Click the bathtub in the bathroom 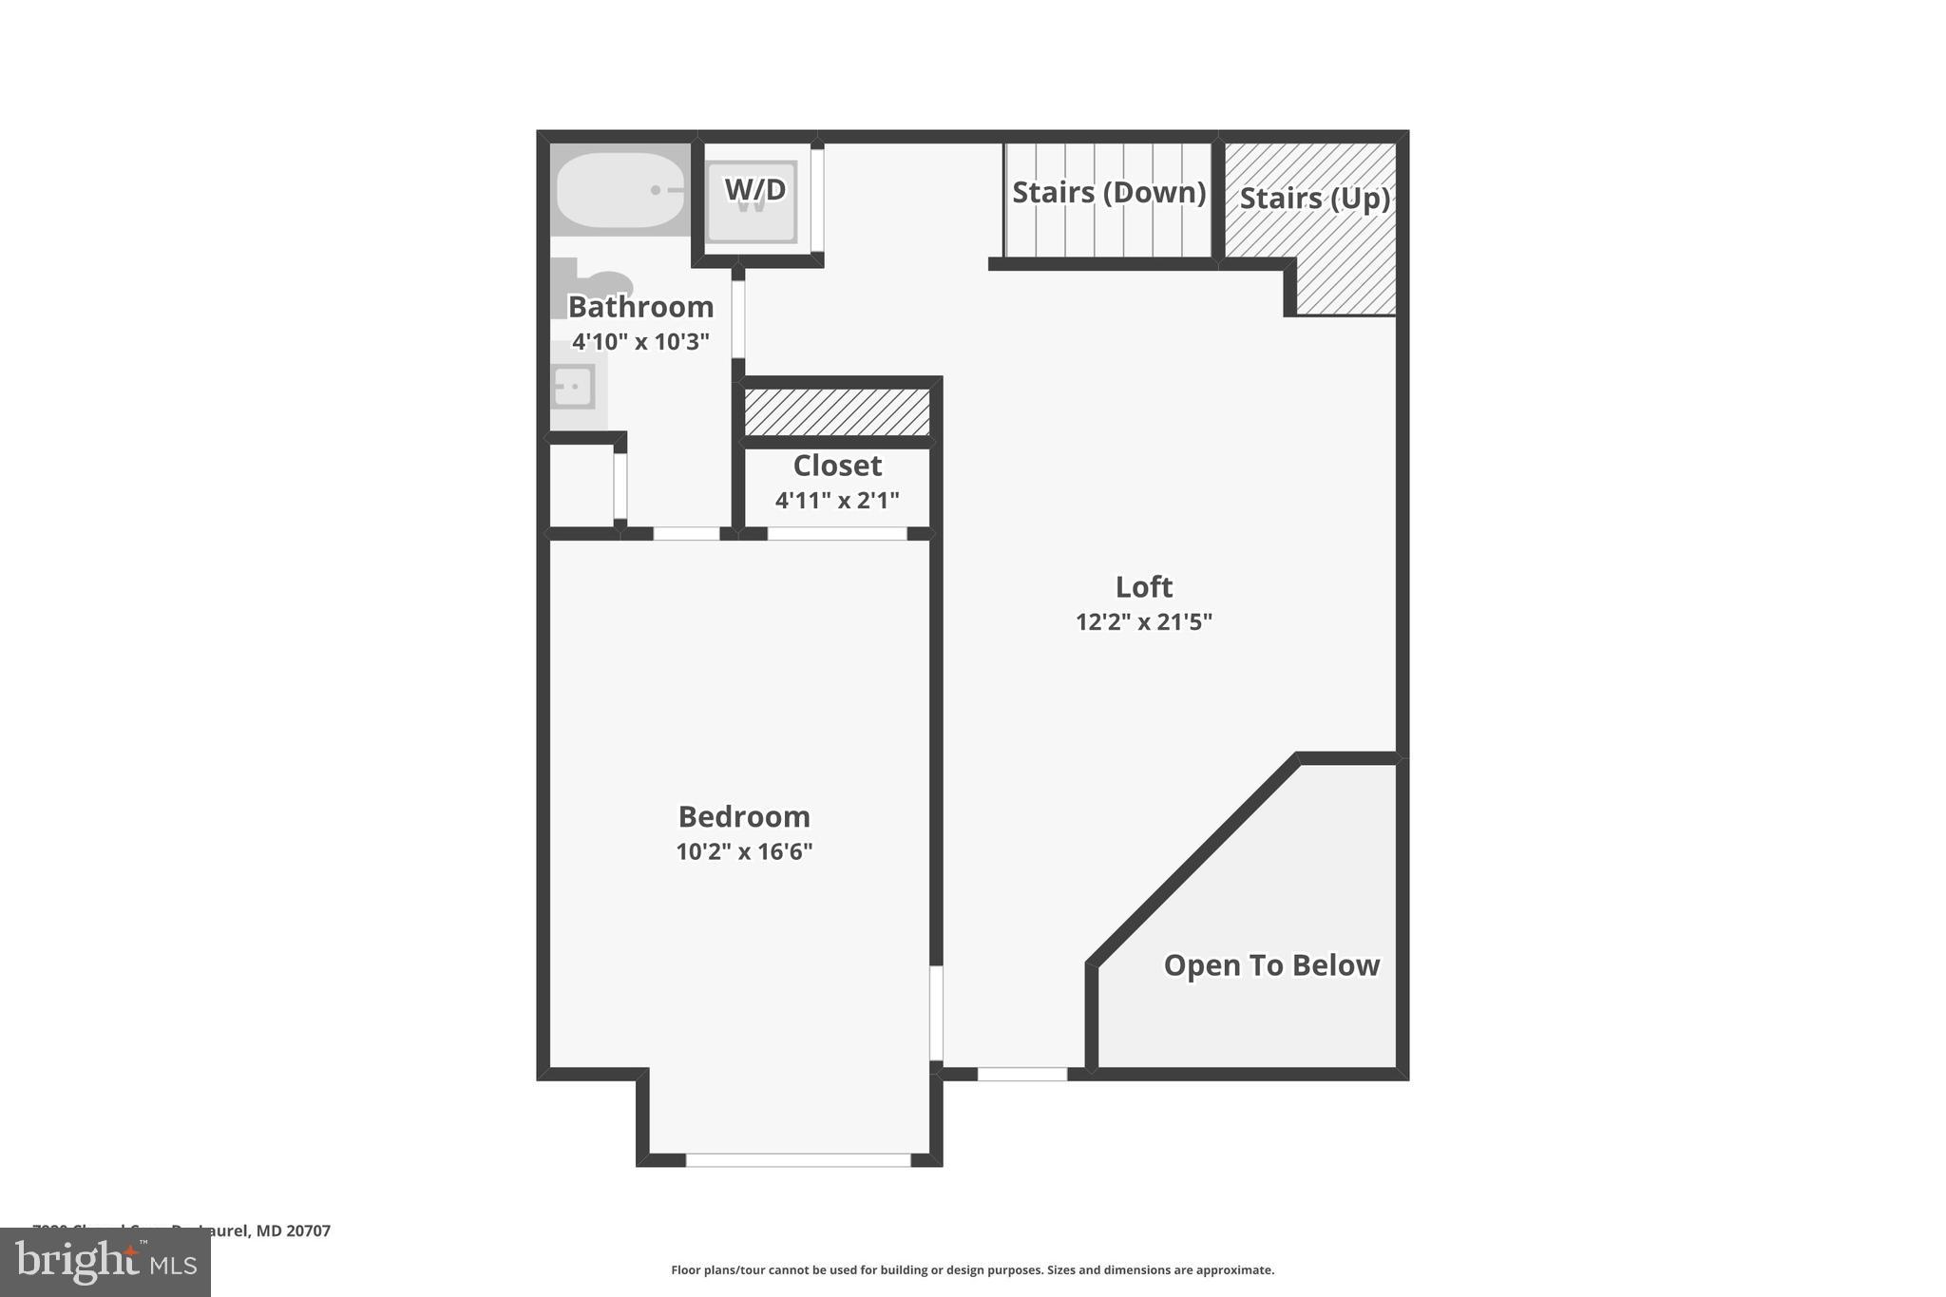tap(620, 190)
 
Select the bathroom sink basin tap(574, 387)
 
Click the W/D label tap(755, 190)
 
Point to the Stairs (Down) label tap(1109, 193)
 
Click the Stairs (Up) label tap(1314, 199)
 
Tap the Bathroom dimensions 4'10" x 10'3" tap(640, 342)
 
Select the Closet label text tap(837, 466)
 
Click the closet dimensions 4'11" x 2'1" tap(837, 501)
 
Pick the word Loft tap(1144, 587)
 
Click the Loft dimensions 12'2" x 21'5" tap(1144, 622)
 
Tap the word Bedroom tap(744, 817)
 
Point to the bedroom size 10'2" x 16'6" tap(744, 852)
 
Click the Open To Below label tap(1271, 965)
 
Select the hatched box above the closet tap(836, 411)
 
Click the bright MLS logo tap(105, 1263)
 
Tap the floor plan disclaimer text tap(972, 1270)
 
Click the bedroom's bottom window tap(798, 1160)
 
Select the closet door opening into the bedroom tap(837, 534)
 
